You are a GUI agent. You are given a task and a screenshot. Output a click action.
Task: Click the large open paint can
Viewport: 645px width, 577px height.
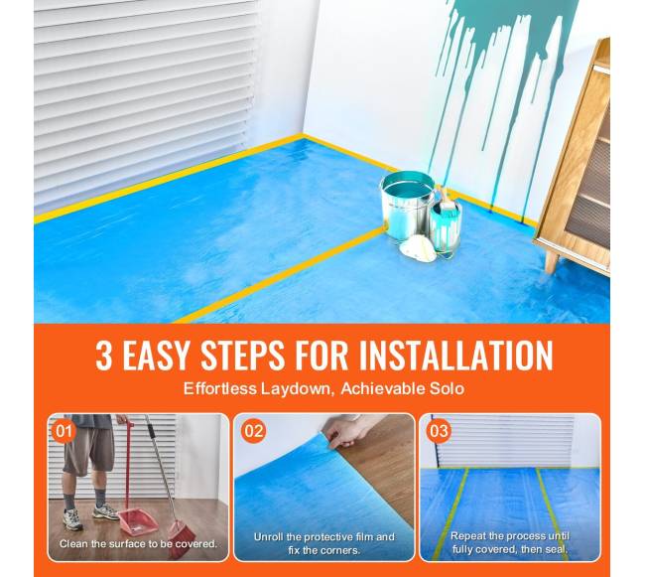(x=407, y=205)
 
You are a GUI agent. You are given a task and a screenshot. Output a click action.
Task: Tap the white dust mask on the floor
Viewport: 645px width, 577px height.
(x=418, y=248)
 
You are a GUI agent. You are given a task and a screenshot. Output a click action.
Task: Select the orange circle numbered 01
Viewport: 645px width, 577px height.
(x=64, y=431)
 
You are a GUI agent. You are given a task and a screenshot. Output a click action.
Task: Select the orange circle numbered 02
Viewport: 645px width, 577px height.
(x=253, y=431)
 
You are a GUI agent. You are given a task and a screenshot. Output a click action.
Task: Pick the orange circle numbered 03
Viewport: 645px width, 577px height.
(x=439, y=431)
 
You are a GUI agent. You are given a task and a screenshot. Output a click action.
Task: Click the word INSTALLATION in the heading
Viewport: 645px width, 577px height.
(x=456, y=356)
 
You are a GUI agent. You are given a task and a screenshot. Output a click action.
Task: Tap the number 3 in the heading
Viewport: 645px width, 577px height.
(x=103, y=356)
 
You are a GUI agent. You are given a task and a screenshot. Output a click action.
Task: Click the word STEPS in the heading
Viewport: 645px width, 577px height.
(x=242, y=356)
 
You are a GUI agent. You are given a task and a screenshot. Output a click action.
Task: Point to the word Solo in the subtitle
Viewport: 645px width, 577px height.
(x=447, y=388)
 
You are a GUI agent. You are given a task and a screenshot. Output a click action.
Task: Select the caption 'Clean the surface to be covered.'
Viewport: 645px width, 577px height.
(x=138, y=543)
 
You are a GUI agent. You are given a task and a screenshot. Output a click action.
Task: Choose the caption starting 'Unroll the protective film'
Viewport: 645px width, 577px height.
(x=324, y=543)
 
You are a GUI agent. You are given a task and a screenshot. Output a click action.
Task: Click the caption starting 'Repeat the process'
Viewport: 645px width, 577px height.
(x=510, y=542)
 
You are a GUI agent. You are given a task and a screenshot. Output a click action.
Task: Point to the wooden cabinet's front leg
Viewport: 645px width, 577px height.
(x=551, y=262)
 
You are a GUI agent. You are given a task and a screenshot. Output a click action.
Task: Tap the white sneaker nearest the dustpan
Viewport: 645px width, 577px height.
(x=106, y=511)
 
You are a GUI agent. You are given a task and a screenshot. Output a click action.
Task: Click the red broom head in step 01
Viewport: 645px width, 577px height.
(x=178, y=538)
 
